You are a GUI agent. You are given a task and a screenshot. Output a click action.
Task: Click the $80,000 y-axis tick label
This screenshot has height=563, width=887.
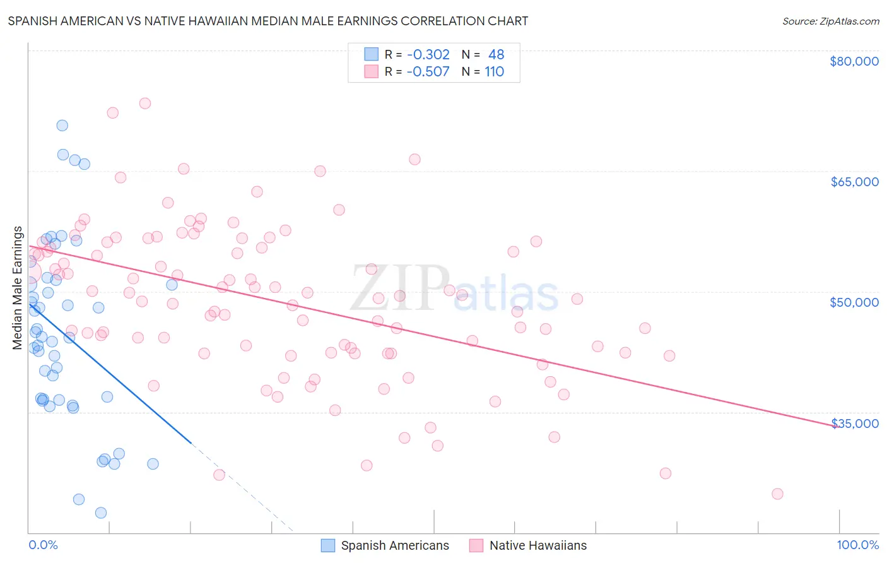click(x=854, y=61)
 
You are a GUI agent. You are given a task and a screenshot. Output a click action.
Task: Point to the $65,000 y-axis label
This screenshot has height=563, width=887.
click(x=854, y=182)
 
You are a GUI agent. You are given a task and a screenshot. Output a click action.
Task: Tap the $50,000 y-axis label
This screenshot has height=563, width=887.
click(x=854, y=302)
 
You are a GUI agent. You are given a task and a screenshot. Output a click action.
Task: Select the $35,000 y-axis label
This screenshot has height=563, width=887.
click(x=854, y=423)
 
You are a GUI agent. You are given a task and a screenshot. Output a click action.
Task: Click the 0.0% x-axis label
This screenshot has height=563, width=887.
click(x=43, y=545)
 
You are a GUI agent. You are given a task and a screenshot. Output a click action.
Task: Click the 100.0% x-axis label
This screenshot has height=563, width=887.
click(x=857, y=545)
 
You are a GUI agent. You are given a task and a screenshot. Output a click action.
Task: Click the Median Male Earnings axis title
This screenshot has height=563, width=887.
click(x=18, y=288)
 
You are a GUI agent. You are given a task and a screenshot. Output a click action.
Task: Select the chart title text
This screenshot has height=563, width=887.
click(x=268, y=21)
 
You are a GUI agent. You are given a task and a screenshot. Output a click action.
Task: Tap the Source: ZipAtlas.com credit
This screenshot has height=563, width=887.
click(x=830, y=21)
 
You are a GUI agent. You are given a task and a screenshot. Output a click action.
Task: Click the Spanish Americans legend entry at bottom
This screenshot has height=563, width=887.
click(x=394, y=545)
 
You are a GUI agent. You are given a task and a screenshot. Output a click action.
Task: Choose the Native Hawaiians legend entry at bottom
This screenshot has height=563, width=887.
click(x=537, y=545)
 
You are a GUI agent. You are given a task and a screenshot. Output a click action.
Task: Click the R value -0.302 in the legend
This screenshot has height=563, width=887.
click(x=428, y=55)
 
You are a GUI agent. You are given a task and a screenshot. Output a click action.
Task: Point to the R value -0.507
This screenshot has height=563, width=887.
click(x=428, y=71)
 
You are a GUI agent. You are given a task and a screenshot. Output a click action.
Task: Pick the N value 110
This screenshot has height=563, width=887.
click(x=494, y=71)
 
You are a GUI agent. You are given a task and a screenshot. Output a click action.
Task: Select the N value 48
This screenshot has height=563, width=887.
click(x=496, y=55)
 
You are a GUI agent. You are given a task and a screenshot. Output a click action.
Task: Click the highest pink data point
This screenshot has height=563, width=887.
click(x=145, y=104)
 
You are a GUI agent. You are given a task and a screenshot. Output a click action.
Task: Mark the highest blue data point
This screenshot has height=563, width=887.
click(x=62, y=126)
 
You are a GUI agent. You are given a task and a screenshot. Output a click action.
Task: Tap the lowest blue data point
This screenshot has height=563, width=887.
click(x=101, y=513)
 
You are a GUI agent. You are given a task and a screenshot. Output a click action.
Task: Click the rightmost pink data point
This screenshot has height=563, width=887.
click(x=777, y=494)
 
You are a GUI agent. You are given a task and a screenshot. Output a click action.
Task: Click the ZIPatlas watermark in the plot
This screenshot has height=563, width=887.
click(x=454, y=289)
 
